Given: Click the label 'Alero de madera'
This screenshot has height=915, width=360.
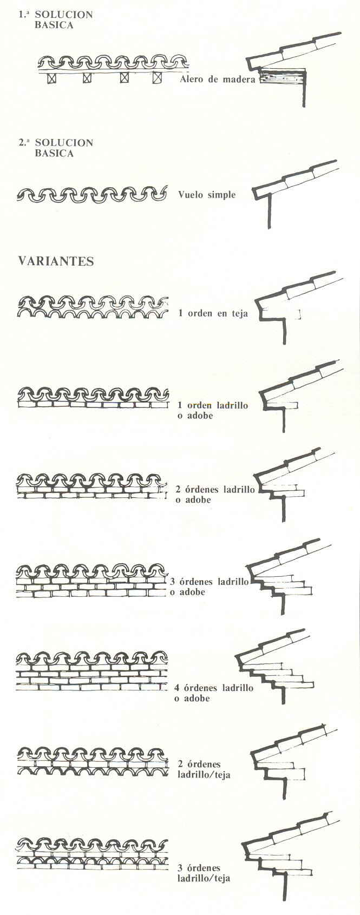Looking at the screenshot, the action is [x=217, y=79].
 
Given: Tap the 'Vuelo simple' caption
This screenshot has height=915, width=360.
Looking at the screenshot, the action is [x=207, y=194].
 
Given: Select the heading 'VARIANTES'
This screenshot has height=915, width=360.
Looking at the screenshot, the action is [x=56, y=261].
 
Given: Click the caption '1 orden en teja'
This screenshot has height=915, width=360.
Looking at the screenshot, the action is [x=213, y=313].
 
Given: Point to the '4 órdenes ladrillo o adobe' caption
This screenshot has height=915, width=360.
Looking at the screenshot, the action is [x=214, y=693].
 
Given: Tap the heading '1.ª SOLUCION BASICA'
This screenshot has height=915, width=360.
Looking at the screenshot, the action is [x=56, y=19].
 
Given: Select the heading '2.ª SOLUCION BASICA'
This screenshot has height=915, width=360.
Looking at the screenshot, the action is [x=56, y=148].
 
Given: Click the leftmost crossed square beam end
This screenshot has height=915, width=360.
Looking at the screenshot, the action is [x=51, y=78].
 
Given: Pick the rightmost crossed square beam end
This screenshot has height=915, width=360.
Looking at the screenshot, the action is [x=157, y=78].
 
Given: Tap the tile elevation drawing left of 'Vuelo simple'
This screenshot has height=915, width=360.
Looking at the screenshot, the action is [x=92, y=194].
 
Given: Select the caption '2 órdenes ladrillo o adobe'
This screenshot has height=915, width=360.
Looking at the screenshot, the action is [x=215, y=494].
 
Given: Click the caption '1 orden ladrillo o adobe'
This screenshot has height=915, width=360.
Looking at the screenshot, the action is [x=213, y=410].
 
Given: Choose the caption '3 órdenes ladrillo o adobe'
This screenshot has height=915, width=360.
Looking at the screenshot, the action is [x=209, y=587].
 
